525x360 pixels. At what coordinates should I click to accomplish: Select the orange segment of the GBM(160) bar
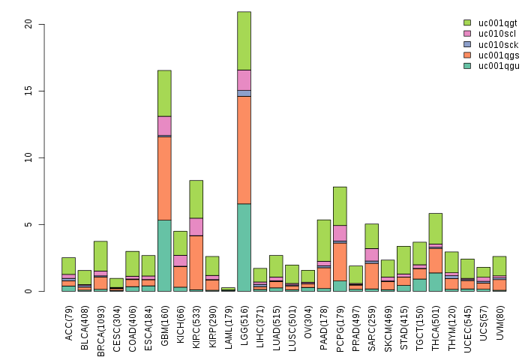click(x=164, y=178)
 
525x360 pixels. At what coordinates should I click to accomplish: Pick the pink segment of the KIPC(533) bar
click(x=196, y=226)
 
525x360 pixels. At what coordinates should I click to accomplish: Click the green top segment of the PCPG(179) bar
click(x=340, y=205)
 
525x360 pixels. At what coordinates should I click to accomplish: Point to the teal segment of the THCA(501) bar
click(x=436, y=282)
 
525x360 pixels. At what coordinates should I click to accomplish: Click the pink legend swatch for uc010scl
click(x=467, y=34)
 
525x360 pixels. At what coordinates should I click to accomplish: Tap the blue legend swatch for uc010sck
click(x=467, y=44)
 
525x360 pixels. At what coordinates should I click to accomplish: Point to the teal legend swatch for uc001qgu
click(x=467, y=66)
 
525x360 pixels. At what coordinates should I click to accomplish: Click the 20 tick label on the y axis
click(x=29, y=24)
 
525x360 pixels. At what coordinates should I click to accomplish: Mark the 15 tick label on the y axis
click(x=29, y=91)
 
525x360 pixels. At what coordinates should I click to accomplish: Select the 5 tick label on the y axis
click(x=29, y=225)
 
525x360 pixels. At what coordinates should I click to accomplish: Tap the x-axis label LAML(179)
click(x=229, y=322)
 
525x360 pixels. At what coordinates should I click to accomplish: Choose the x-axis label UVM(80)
click(x=500, y=319)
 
